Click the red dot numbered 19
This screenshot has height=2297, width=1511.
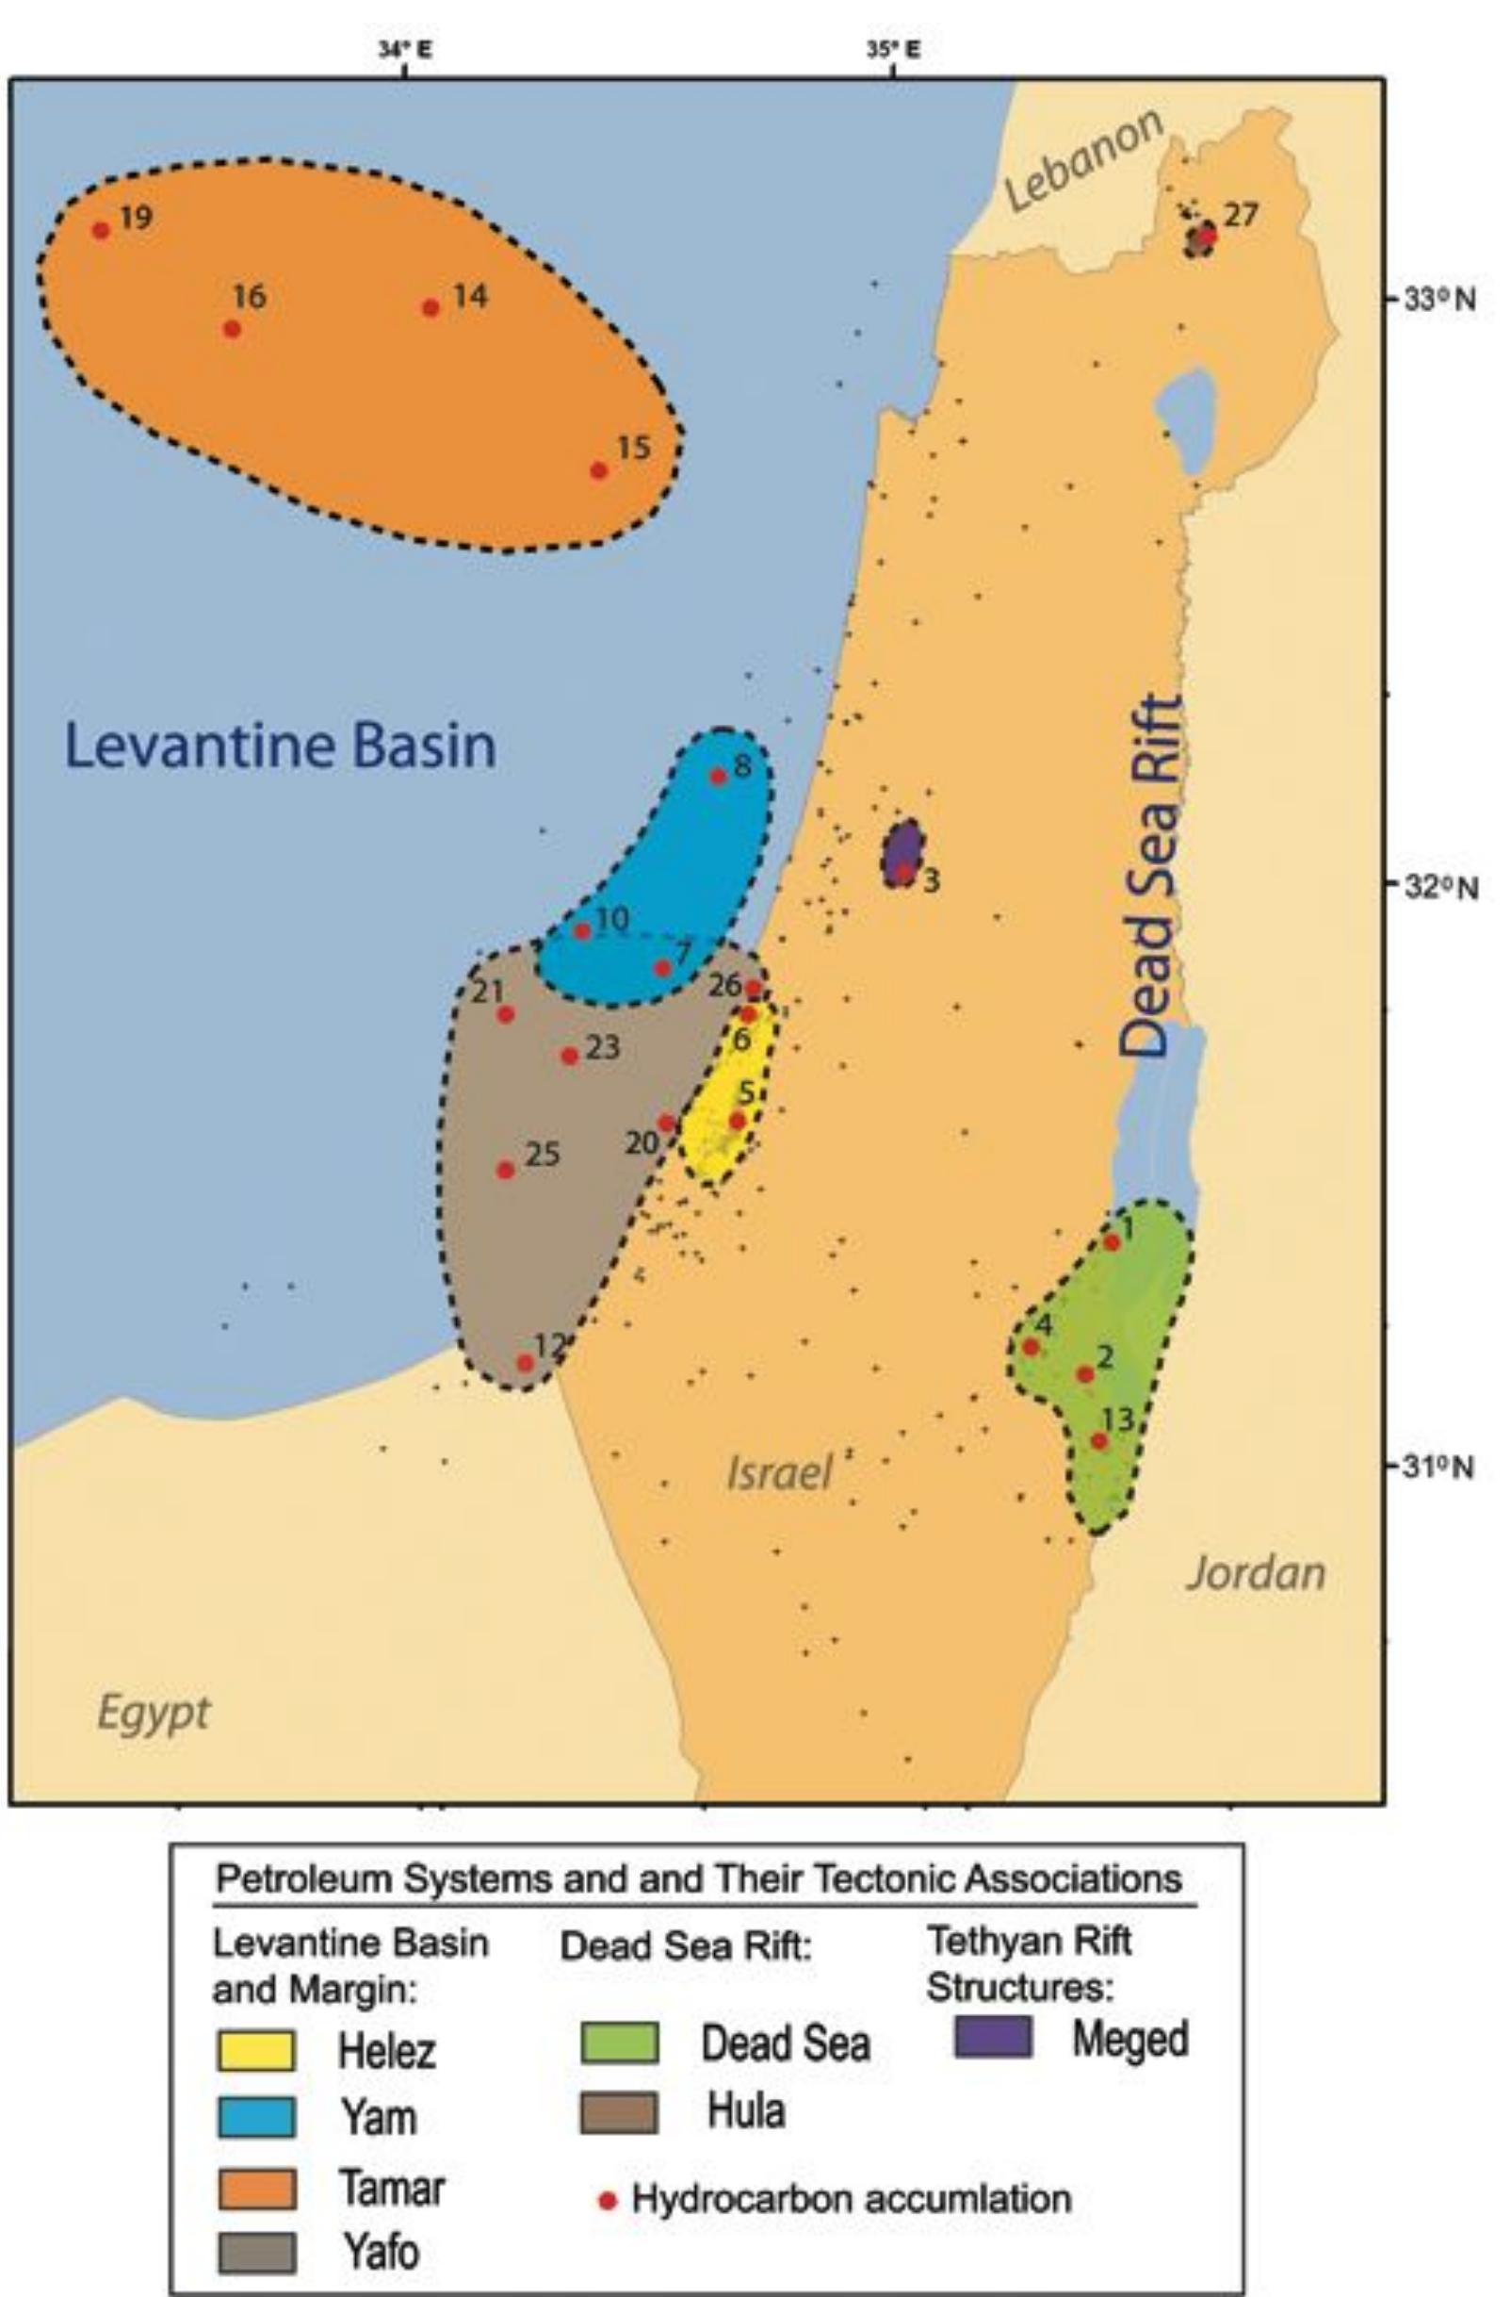(x=101, y=230)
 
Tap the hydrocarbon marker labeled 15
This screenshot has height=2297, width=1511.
(x=599, y=471)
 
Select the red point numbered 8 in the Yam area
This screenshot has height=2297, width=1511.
(x=718, y=776)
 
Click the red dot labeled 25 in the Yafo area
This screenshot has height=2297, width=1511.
(x=505, y=1170)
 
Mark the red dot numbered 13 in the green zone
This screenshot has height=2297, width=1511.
(x=1099, y=1441)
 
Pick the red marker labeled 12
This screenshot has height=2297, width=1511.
(x=525, y=1363)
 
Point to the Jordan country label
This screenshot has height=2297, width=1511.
(x=1256, y=1573)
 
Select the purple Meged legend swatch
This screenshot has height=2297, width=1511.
(x=992, y=2038)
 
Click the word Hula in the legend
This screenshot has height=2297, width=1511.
(x=746, y=2111)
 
